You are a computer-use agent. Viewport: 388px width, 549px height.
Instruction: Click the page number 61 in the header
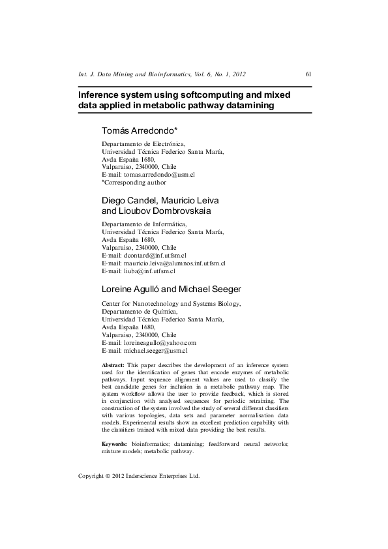[308, 74]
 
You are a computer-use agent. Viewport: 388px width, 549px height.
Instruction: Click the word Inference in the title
[103, 95]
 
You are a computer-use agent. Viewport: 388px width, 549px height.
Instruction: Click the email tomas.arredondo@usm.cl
[159, 175]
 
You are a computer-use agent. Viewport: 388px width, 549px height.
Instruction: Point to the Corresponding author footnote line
[134, 183]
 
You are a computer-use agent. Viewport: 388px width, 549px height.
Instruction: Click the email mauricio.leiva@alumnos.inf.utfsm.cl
[173, 263]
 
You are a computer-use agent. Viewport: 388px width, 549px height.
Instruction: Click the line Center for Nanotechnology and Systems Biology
[172, 304]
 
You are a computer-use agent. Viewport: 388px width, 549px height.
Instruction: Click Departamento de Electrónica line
[143, 143]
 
